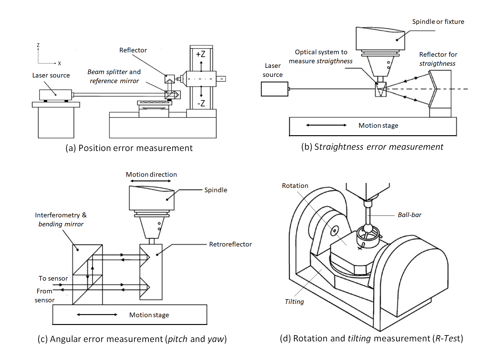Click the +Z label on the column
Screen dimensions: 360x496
coord(201,54)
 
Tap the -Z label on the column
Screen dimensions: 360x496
coord(201,103)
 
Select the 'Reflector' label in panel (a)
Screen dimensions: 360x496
coord(133,50)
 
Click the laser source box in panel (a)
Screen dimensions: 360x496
coord(55,95)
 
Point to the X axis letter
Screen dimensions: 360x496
coord(59,64)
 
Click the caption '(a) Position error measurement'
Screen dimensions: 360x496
coord(129,148)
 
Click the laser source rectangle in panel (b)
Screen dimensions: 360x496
coord(274,89)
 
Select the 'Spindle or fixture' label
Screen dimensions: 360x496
coord(438,22)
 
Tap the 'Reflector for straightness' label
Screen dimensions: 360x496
coord(438,59)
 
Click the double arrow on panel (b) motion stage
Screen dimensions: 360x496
coord(326,125)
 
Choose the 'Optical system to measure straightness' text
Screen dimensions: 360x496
coord(321,56)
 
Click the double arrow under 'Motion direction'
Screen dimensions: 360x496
coord(151,181)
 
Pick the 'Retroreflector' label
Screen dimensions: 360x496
coord(230,244)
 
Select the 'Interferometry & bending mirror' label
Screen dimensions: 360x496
coord(61,220)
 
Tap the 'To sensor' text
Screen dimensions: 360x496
coord(53,278)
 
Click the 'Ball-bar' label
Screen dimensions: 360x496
coord(409,215)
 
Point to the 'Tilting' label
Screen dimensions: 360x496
coord(294,302)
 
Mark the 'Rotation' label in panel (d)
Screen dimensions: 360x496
coord(295,186)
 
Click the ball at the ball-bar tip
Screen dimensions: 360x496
coord(368,229)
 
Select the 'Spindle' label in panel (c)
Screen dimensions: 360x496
coord(216,190)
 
